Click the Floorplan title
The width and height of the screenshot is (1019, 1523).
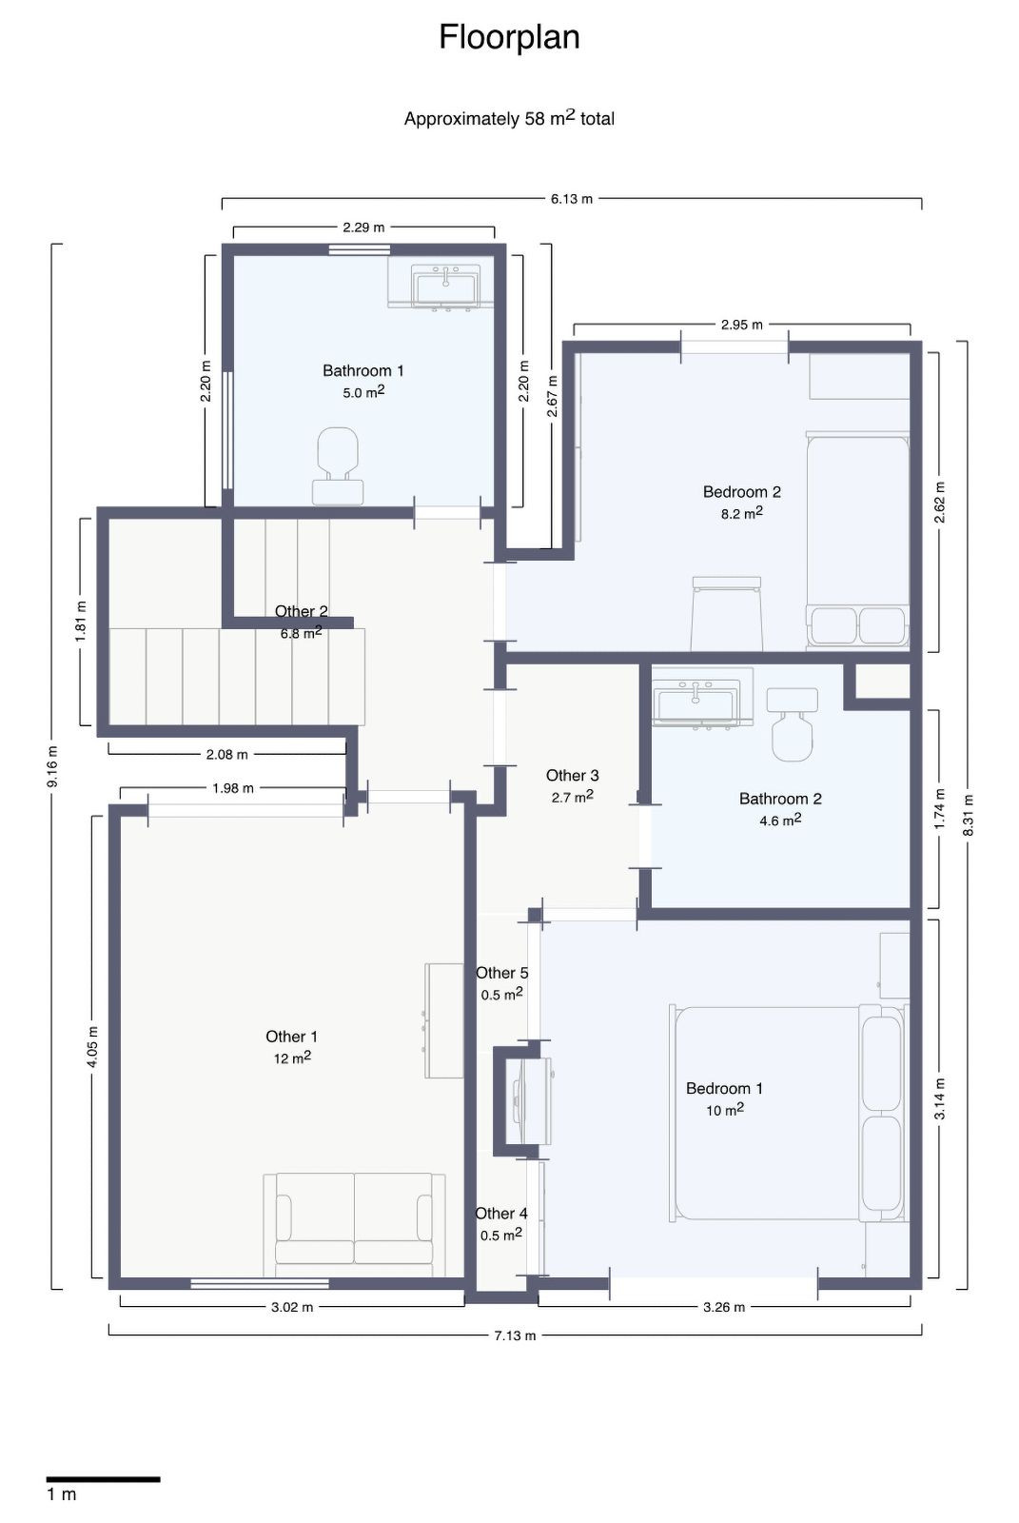click(509, 38)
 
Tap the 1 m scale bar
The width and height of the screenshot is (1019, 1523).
click(103, 1478)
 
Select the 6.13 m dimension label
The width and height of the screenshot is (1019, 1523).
click(571, 199)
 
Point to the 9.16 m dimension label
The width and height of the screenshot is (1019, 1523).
click(53, 766)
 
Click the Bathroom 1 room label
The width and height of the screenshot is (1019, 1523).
click(363, 370)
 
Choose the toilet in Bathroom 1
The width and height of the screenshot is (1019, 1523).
click(338, 465)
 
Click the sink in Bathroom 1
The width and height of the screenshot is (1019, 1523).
click(445, 285)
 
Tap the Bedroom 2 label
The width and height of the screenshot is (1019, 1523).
click(741, 492)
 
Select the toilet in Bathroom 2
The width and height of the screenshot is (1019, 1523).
click(792, 725)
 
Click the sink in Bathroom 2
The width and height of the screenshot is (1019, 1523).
click(696, 702)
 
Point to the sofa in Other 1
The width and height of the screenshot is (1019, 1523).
click(354, 1224)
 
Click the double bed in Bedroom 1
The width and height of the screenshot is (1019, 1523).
click(788, 1113)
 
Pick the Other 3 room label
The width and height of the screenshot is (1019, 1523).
click(572, 776)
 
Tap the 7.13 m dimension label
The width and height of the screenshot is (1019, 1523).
click(515, 1335)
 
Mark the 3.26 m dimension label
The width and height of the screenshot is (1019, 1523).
click(723, 1307)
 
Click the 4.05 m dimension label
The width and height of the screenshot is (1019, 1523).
click(92, 1047)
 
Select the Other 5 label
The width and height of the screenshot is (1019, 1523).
click(501, 973)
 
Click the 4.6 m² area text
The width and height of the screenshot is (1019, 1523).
click(779, 820)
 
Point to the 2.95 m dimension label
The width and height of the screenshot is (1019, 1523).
click(741, 325)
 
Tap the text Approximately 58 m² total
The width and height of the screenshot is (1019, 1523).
click(509, 119)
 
